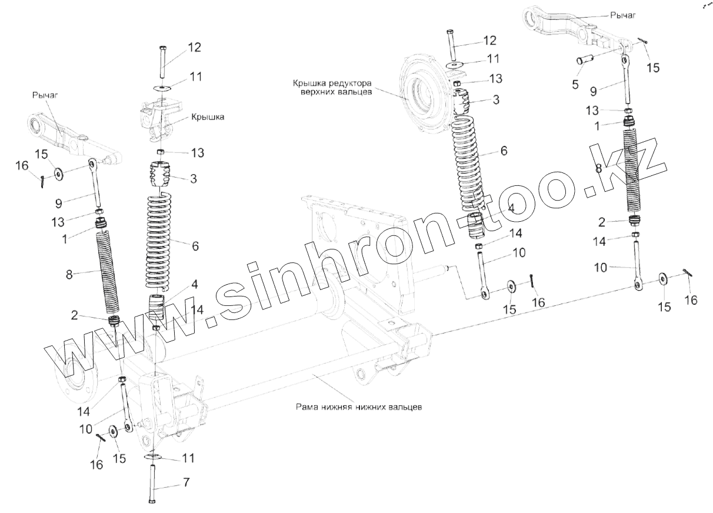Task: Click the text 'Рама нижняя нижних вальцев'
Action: click(359, 407)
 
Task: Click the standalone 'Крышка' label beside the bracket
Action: click(207, 117)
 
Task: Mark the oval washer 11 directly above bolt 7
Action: click(153, 456)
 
